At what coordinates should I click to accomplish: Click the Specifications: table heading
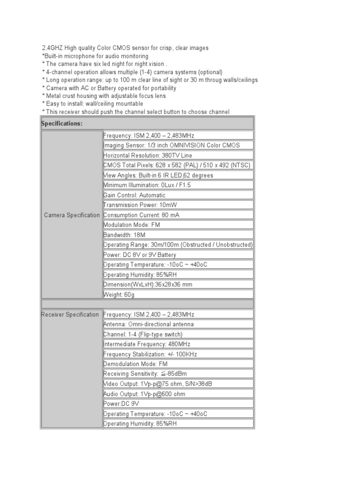pyautogui.click(x=62, y=124)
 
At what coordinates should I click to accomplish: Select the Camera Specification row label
pyautogui.click(x=72, y=215)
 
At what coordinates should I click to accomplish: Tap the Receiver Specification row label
pyautogui.click(x=70, y=315)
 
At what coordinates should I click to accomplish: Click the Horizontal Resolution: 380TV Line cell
pyautogui.click(x=148, y=156)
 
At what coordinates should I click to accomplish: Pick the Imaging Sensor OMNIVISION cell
pyautogui.click(x=172, y=145)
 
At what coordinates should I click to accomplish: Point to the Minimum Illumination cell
pyautogui.click(x=147, y=185)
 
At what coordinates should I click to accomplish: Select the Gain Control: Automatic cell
pyautogui.click(x=134, y=195)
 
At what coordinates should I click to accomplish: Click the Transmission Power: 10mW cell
pyautogui.click(x=141, y=205)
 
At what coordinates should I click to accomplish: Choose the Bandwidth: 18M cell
pyautogui.click(x=124, y=235)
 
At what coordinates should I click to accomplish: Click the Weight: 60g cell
pyautogui.click(x=119, y=295)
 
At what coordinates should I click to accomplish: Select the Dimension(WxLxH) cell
pyautogui.click(x=148, y=285)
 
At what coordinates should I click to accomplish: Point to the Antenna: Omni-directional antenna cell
pyautogui.click(x=149, y=324)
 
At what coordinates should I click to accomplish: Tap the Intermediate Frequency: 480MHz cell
pyautogui.click(x=142, y=345)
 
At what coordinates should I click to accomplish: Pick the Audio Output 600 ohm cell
pyautogui.click(x=144, y=394)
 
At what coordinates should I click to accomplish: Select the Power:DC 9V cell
pyautogui.click(x=121, y=404)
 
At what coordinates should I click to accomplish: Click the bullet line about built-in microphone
pyautogui.click(x=95, y=56)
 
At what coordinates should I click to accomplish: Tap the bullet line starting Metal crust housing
pyautogui.click(x=104, y=96)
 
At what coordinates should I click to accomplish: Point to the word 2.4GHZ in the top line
pyautogui.click(x=52, y=48)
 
